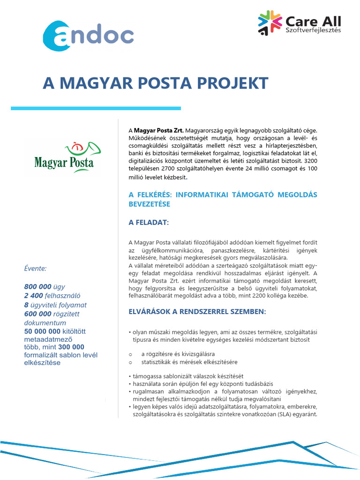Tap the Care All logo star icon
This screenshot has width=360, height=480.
click(270, 23)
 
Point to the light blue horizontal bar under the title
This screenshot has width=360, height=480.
click(96, 108)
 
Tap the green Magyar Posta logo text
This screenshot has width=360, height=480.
click(64, 164)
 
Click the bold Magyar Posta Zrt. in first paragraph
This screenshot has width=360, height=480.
click(159, 130)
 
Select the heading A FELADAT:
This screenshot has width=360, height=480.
click(149, 222)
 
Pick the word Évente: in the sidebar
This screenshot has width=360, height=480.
click(35, 269)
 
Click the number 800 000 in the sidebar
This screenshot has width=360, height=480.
click(38, 286)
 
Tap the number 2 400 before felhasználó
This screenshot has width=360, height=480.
click(33, 296)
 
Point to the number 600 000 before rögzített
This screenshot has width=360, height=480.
click(38, 314)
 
